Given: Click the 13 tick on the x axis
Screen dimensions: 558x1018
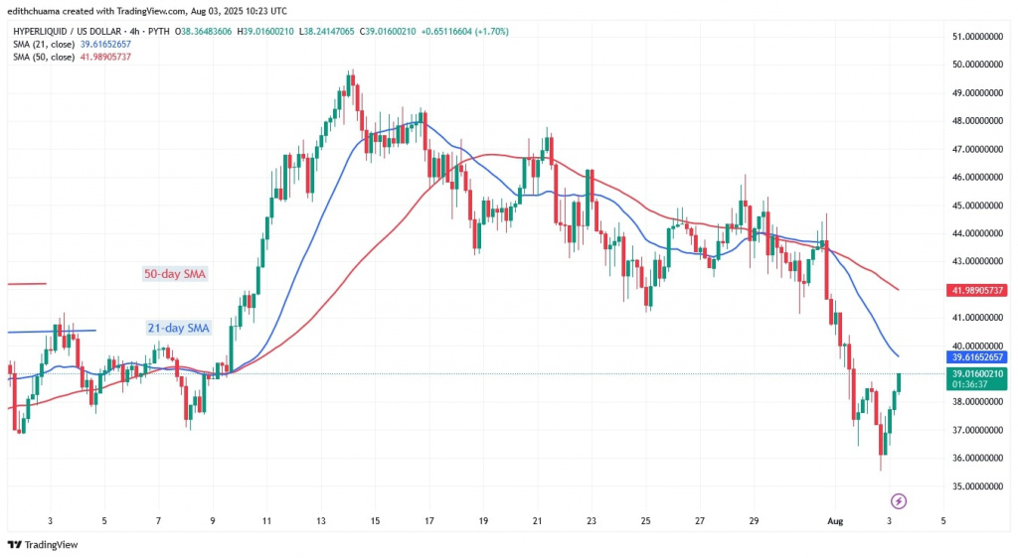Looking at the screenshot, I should pyautogui.click(x=322, y=519).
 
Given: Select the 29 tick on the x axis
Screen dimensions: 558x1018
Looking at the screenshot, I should pyautogui.click(x=754, y=519).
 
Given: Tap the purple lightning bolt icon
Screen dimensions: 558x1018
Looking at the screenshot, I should pyautogui.click(x=899, y=500).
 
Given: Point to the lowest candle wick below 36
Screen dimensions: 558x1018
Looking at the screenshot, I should pyautogui.click(x=880, y=469).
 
